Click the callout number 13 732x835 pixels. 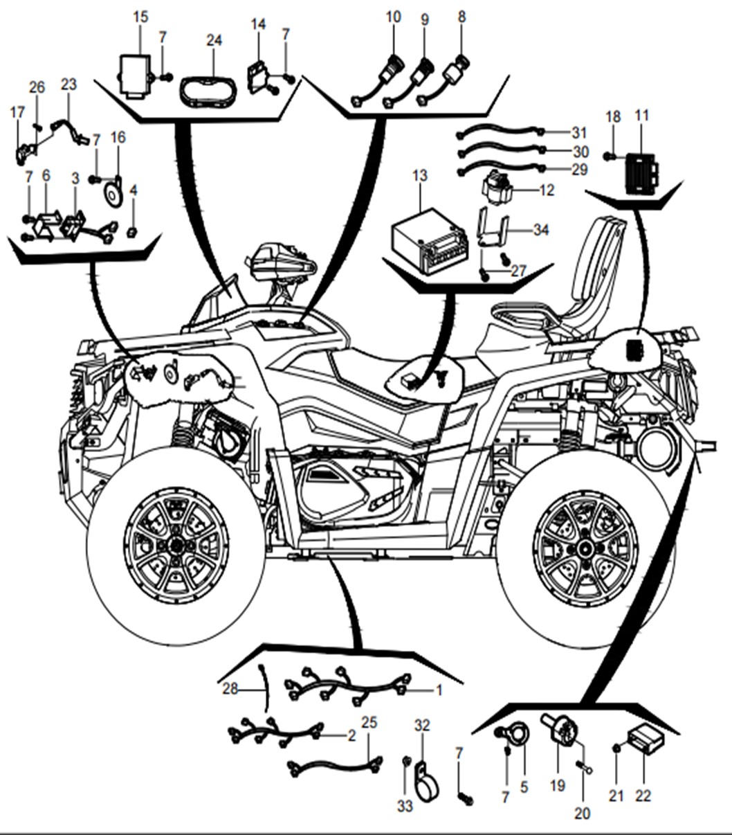click(x=420, y=175)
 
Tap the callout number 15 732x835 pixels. click(x=140, y=17)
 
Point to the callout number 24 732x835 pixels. click(x=214, y=39)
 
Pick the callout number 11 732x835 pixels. click(x=642, y=116)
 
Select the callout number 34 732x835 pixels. click(x=541, y=228)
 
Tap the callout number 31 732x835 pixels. click(x=580, y=132)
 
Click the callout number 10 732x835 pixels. click(x=393, y=17)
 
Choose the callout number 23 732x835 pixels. click(x=68, y=84)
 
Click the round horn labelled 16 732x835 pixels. click(x=112, y=195)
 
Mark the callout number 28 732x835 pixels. click(x=230, y=689)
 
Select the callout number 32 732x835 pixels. click(x=422, y=726)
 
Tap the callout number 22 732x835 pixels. click(x=643, y=796)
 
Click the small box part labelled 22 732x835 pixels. click(x=646, y=739)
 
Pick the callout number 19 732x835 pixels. click(x=558, y=785)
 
